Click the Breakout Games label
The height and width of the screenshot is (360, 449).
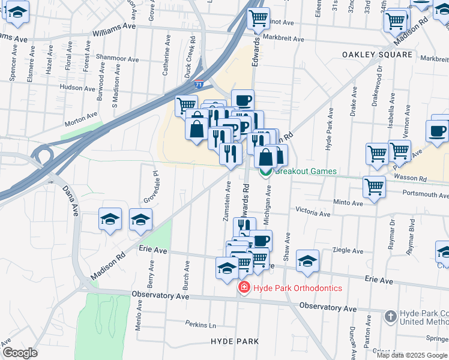pos(306,171)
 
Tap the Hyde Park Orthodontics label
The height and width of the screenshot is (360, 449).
pos(298,288)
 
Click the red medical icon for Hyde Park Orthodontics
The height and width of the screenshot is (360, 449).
pos(244,288)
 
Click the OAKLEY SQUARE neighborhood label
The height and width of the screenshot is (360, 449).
pos(378,55)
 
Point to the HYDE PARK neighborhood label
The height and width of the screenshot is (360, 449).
pos(235,341)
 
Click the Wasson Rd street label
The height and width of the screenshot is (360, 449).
pos(413,179)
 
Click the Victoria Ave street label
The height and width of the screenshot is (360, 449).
pos(313,212)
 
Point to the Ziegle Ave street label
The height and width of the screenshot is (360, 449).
pos(345,250)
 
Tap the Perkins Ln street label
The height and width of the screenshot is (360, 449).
pos(200,325)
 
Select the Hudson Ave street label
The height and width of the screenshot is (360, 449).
pos(78,87)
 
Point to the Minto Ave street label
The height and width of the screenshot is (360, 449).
pos(348,202)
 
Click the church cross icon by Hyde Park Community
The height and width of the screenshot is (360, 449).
pos(390,315)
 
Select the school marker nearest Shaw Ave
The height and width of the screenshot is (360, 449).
pos(307,260)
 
